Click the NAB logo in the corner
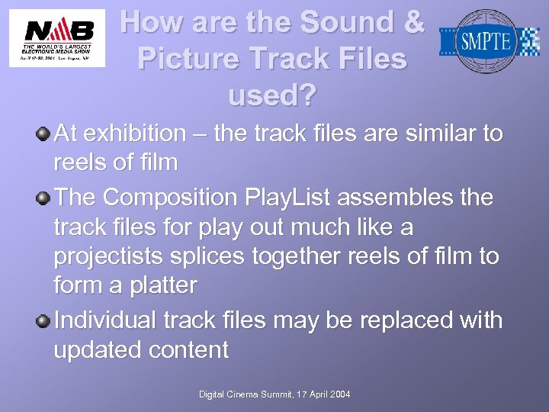[57, 38]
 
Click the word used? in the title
[271, 96]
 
